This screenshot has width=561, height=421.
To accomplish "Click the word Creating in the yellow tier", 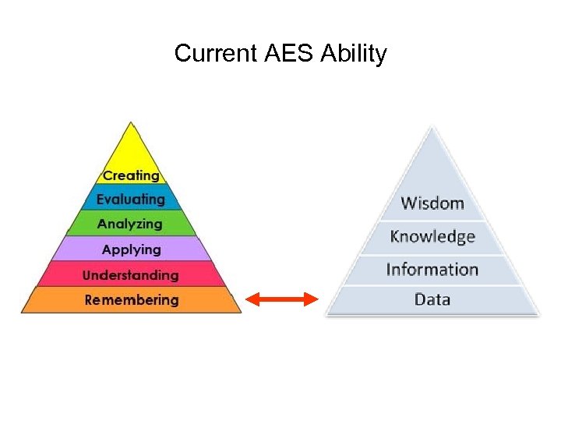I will (131, 175).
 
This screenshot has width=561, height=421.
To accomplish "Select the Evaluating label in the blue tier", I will (131, 200).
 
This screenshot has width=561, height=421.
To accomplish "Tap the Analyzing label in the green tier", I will (130, 225).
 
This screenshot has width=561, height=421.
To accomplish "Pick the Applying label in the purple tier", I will (131, 249).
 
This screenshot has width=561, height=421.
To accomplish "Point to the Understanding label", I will (130, 274).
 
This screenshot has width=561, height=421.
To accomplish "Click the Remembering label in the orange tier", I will (131, 299).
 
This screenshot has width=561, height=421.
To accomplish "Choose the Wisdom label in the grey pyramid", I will (432, 203).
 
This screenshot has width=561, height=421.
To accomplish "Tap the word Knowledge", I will (432, 236).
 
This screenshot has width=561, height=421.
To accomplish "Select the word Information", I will (432, 269).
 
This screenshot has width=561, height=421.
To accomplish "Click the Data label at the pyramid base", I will (432, 299).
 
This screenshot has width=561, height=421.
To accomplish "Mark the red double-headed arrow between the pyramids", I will (282, 299).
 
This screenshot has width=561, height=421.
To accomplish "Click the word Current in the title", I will (216, 54).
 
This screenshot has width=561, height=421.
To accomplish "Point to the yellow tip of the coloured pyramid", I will (132, 140).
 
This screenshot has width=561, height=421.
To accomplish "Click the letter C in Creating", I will (108, 175).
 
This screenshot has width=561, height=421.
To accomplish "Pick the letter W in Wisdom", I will (408, 203).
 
